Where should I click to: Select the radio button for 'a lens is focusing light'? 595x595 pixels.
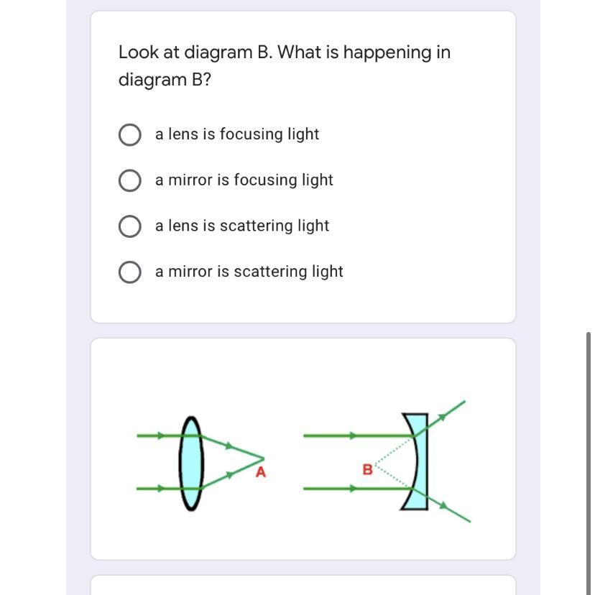pyautogui.click(x=130, y=134)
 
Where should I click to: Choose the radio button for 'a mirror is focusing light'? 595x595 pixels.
pyautogui.click(x=130, y=180)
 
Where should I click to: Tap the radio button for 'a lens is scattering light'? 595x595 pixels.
pyautogui.click(x=130, y=226)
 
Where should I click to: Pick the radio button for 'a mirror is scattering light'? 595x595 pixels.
pyautogui.click(x=130, y=272)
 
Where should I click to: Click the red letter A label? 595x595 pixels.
pyautogui.click(x=261, y=472)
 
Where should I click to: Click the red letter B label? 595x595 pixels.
pyautogui.click(x=367, y=470)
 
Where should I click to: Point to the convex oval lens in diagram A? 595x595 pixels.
pyautogui.click(x=191, y=463)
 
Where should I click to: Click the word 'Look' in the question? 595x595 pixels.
pyautogui.click(x=138, y=52)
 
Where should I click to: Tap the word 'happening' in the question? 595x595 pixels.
pyautogui.click(x=387, y=53)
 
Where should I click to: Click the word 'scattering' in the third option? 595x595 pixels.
pyautogui.click(x=256, y=226)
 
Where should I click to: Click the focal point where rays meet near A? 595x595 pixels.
pyautogui.click(x=263, y=459)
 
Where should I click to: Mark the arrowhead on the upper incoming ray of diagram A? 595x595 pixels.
pyautogui.click(x=161, y=435)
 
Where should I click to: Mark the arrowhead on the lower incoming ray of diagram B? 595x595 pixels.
pyautogui.click(x=354, y=489)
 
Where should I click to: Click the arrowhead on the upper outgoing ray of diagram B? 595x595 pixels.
pyautogui.click(x=442, y=418)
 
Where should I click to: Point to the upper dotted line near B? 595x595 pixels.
pyautogui.click(x=394, y=451)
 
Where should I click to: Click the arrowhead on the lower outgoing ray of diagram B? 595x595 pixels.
pyautogui.click(x=443, y=505)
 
